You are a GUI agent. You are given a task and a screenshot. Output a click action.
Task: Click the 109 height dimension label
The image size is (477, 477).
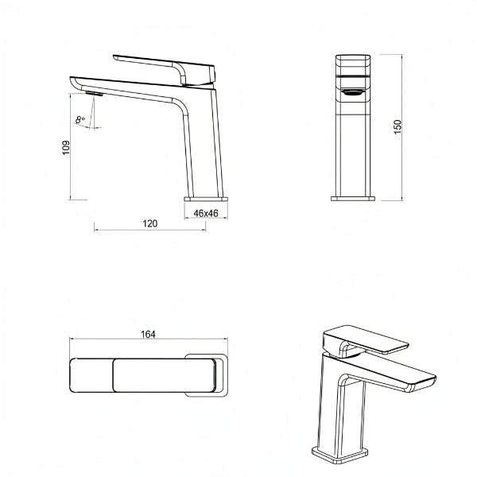pos(66,148)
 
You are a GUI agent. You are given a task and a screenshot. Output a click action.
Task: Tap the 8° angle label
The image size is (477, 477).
pos(80,120)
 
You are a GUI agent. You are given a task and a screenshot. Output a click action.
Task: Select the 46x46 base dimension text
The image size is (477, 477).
pos(206,213)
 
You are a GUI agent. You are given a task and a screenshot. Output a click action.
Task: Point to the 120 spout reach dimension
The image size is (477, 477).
pos(150,223)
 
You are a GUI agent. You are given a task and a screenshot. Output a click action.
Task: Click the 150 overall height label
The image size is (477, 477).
pos(397,127)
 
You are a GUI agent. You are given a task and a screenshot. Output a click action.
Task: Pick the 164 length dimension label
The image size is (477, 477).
pos(148,335)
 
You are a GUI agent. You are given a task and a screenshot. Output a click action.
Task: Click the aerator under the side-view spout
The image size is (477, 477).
pos(94,93)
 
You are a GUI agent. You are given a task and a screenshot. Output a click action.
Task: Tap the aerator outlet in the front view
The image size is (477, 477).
pos(353,92)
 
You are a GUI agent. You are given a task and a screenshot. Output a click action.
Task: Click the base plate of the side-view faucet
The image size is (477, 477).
pos(206,200)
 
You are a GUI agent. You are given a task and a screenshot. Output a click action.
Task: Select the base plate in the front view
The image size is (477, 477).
pos(353,199)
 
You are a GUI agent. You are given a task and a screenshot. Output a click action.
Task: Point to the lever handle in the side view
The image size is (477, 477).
pos(165,69)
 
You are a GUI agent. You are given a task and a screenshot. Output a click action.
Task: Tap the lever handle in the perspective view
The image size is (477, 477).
pos(365,341)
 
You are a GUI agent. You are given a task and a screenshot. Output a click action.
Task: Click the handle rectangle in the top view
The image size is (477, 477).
pos(165,375)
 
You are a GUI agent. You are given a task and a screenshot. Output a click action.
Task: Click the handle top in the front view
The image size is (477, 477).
pos(353,64)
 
